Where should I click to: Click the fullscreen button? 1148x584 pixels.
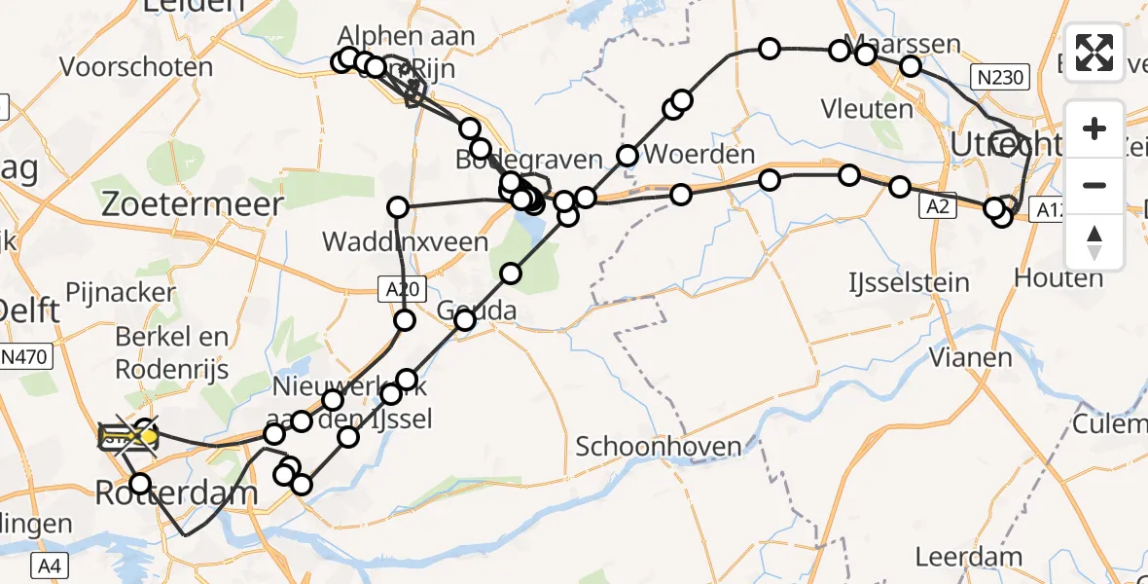1094,53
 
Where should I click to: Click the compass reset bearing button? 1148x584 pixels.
1094,242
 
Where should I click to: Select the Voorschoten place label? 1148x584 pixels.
136,67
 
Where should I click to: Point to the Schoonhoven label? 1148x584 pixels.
659,447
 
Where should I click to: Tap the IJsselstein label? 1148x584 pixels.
909,283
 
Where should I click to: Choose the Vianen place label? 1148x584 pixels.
970,357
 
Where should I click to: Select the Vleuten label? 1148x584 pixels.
867,108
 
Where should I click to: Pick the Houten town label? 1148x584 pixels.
1058,278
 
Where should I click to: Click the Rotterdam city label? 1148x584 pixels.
177,493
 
